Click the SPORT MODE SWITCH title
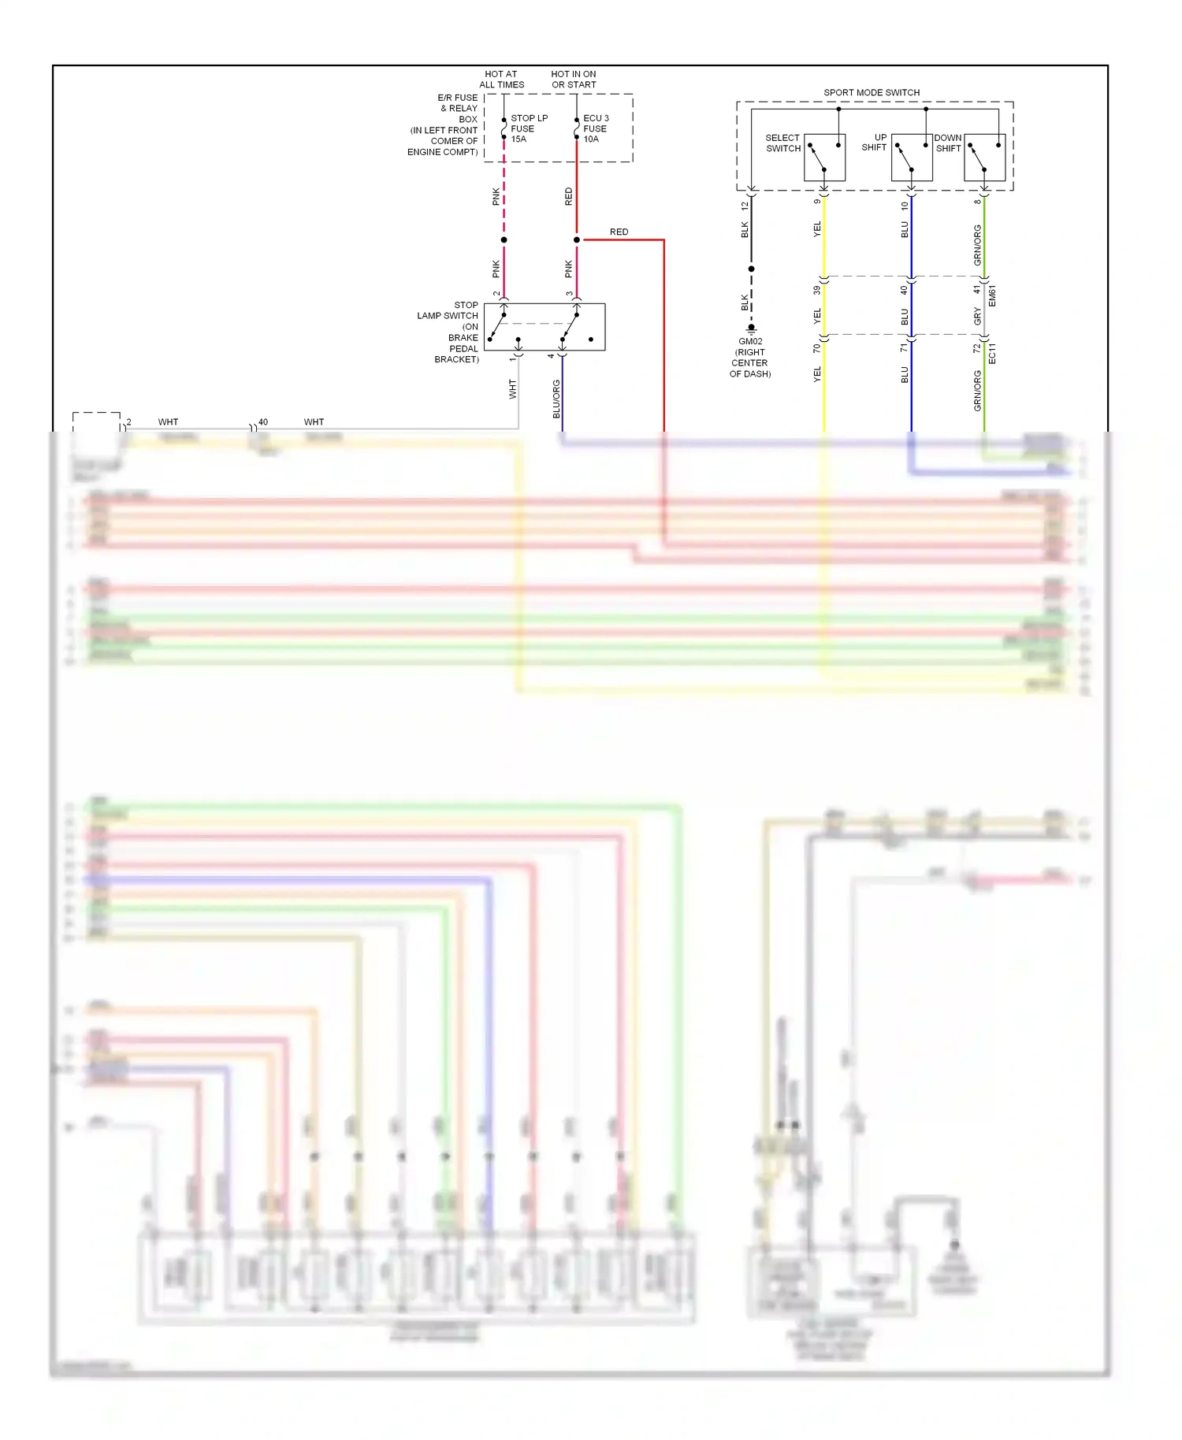click(872, 92)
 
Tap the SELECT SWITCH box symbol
click(824, 157)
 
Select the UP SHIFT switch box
click(912, 157)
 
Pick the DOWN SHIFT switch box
click(984, 157)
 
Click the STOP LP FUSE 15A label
click(529, 128)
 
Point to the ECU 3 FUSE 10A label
click(596, 128)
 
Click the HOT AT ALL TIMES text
click(501, 80)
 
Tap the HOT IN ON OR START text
click(574, 80)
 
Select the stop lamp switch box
click(545, 327)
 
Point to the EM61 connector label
click(992, 296)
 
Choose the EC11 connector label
click(992, 353)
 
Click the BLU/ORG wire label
click(556, 399)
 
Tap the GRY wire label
click(978, 316)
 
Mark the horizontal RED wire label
click(619, 232)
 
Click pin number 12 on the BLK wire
click(745, 206)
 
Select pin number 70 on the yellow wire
click(817, 347)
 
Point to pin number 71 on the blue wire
click(905, 347)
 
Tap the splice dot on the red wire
click(577, 239)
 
